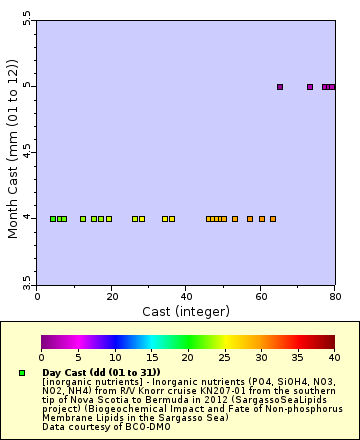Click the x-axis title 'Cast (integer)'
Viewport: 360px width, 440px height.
point(186,311)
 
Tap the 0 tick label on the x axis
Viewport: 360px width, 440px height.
point(38,296)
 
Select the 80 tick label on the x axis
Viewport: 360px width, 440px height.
point(334,296)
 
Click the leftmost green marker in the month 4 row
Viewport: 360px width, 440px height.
point(53,218)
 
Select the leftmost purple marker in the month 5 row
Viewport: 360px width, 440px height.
point(280,87)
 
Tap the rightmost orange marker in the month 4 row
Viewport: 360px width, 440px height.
point(272,218)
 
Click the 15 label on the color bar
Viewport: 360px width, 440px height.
point(151,357)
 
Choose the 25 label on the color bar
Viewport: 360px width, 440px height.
point(224,357)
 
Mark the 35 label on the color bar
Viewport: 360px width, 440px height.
point(297,357)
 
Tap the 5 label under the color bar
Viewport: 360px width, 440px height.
point(78,357)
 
